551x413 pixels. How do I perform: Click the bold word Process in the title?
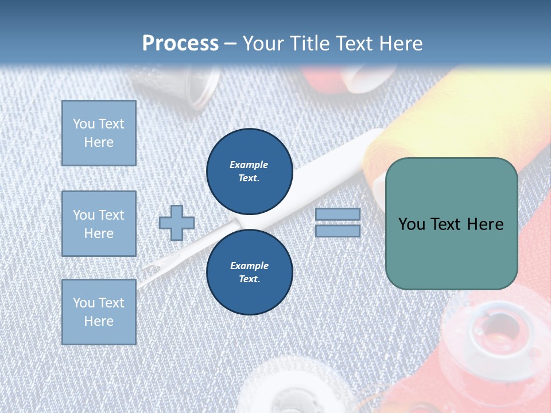click(180, 44)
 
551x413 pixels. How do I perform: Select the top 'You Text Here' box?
click(99, 133)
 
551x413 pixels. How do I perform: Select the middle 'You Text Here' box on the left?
click(99, 224)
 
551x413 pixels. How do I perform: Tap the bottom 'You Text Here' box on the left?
click(99, 311)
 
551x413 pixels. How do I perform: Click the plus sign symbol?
click(177, 223)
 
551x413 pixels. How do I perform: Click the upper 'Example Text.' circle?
click(250, 171)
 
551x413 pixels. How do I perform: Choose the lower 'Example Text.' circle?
click(250, 272)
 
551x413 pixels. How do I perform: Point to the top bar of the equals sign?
click(338, 214)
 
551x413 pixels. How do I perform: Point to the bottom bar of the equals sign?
click(338, 231)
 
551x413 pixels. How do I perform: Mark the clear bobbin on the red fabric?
click(494, 333)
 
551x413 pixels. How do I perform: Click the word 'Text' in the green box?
click(451, 224)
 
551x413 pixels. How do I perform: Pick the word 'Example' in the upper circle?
click(249, 165)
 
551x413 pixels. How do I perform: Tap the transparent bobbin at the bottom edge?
click(287, 390)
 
